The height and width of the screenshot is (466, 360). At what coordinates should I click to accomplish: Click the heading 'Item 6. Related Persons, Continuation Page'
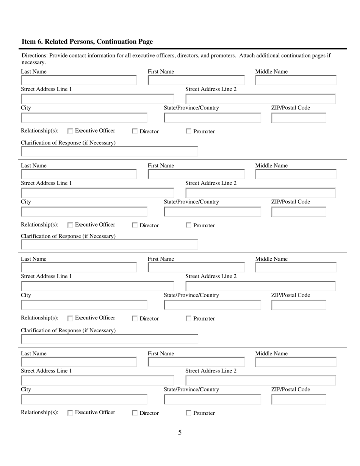pos(87,42)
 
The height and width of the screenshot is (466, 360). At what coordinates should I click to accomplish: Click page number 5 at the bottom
pos(180,432)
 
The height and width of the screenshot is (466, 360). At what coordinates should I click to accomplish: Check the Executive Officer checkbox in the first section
pos(70,131)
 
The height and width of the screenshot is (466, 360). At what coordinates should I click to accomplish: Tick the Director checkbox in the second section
pos(135,225)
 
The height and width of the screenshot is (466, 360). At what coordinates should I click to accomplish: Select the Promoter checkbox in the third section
pos(188,319)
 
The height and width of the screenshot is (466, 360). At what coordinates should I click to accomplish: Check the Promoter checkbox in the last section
pos(188,413)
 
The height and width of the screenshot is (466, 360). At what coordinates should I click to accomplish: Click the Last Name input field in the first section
pos(79,80)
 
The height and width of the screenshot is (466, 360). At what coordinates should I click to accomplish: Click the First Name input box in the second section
pos(196,174)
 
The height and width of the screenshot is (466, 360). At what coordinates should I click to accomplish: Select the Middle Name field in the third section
pos(296,268)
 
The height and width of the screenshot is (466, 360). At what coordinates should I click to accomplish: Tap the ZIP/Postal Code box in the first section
pos(299,118)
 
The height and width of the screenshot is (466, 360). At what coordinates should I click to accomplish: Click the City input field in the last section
pos(84,399)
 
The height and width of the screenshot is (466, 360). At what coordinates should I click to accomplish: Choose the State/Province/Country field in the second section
pos(212,212)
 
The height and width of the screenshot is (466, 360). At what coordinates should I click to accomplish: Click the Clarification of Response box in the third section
pos(110,339)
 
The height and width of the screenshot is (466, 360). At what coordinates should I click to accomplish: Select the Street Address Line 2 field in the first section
pos(260,99)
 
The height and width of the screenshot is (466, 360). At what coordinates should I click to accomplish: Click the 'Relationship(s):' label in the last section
pos(40,412)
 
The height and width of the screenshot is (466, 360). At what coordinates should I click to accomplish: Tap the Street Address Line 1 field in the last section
pos(97,380)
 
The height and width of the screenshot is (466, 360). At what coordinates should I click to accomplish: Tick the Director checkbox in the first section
pos(135,131)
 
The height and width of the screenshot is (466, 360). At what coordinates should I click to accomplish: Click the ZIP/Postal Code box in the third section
pos(299,305)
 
